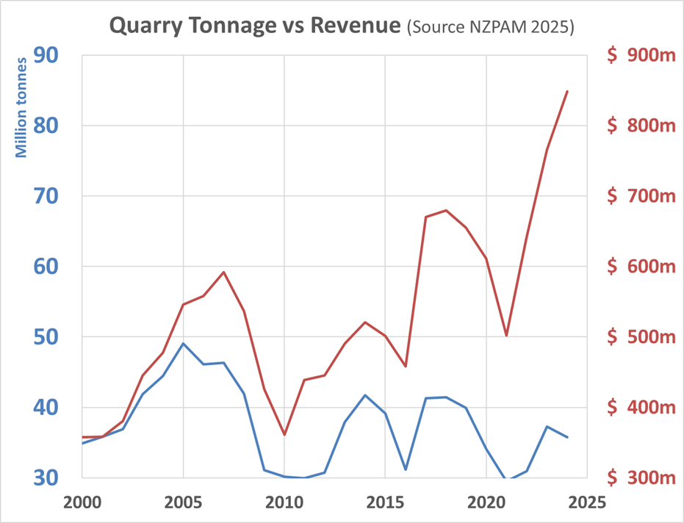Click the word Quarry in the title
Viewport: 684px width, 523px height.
pyautogui.click(x=143, y=26)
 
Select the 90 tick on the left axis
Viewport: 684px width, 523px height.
pyautogui.click(x=46, y=55)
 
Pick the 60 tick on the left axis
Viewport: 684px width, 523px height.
pyautogui.click(x=46, y=267)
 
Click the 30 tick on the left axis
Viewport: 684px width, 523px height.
pyautogui.click(x=46, y=478)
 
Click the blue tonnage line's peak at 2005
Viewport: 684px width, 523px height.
pyautogui.click(x=183, y=343)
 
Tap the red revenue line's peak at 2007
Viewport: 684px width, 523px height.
pyautogui.click(x=223, y=272)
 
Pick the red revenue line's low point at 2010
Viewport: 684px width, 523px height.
pyautogui.click(x=284, y=435)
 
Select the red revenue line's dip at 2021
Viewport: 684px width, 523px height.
pyautogui.click(x=506, y=336)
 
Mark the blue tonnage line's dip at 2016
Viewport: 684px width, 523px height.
pyautogui.click(x=406, y=469)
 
